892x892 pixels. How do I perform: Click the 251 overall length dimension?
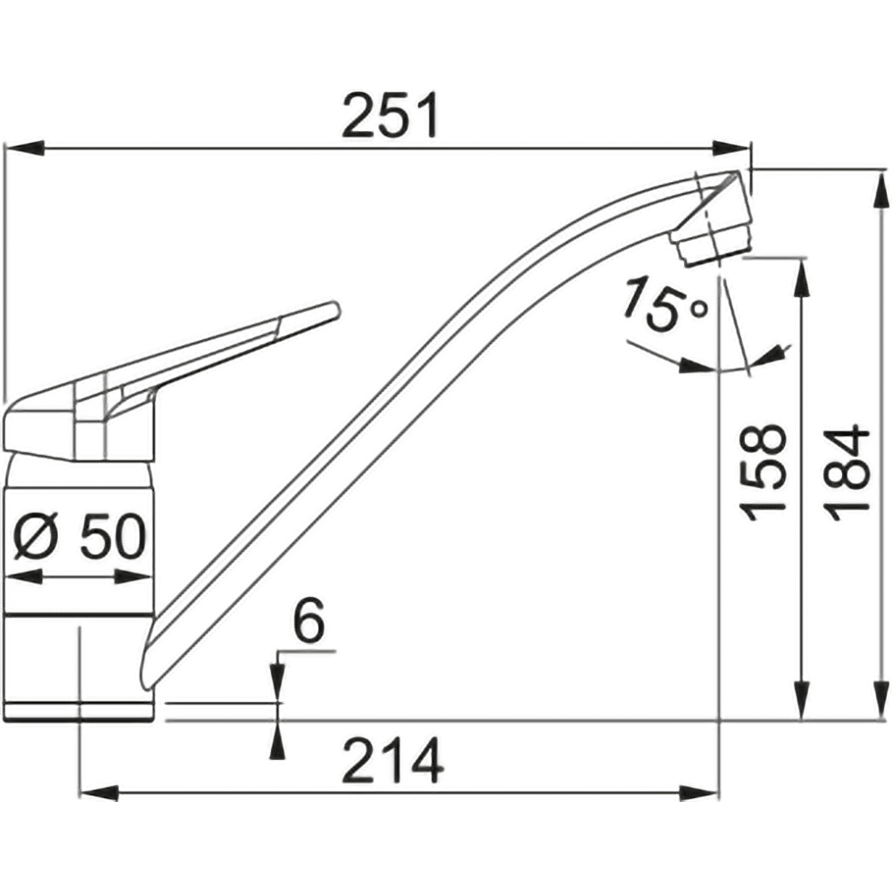tap(391, 116)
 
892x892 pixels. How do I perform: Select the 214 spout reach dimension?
tap(392, 761)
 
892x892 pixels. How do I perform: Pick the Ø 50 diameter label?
tap(79, 535)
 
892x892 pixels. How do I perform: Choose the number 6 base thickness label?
tap(309, 620)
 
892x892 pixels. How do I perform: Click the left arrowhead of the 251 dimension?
tap(24, 147)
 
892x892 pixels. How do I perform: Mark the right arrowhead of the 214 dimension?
tap(700, 793)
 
